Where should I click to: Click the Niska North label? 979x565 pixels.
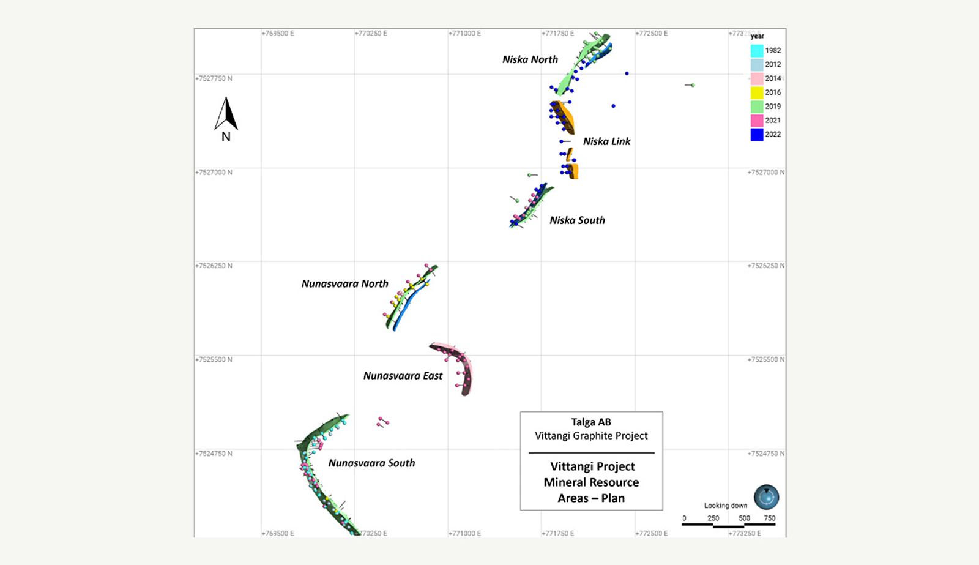[x=530, y=59]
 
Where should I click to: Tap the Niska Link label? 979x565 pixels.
[x=606, y=141]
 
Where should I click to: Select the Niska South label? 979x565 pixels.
[x=577, y=220]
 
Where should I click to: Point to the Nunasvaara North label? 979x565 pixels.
[x=344, y=284]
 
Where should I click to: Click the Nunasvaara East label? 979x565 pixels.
[x=403, y=376]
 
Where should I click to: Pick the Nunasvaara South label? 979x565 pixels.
[x=371, y=463]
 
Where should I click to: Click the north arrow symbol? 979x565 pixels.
[x=226, y=115]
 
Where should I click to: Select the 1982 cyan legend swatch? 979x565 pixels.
[x=757, y=51]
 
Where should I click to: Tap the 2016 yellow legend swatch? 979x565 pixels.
[x=757, y=92]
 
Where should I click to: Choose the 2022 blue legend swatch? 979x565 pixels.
[x=757, y=135]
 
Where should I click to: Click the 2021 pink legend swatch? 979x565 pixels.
[x=757, y=121]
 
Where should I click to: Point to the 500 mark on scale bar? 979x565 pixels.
[x=744, y=518]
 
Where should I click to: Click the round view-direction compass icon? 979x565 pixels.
[x=766, y=496]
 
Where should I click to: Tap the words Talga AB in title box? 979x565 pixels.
[x=591, y=422]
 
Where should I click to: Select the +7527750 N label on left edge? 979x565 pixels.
[x=214, y=78]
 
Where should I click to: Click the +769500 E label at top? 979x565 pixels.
[x=278, y=34]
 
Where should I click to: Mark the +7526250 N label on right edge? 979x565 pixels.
[x=765, y=266]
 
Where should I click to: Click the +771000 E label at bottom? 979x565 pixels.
[x=464, y=533]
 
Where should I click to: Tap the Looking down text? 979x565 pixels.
[x=726, y=506]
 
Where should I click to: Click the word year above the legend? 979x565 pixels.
[x=757, y=36]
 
